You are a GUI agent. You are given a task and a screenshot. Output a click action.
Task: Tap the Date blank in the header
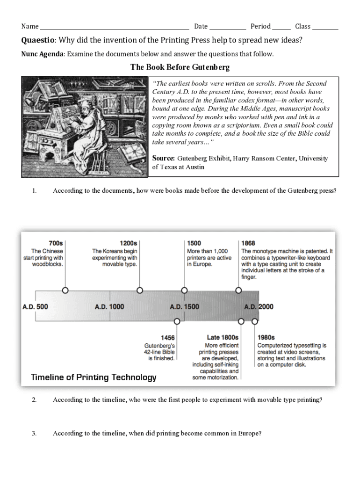pyautogui.click(x=227, y=27)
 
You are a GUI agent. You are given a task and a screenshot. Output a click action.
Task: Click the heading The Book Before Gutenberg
pyautogui.click(x=180, y=67)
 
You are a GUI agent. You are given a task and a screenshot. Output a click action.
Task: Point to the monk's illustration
pyautogui.click(x=85, y=127)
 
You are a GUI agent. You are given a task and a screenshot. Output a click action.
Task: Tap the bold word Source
pyautogui.click(x=164, y=159)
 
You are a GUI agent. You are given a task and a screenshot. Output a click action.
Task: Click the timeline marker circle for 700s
pyautogui.click(x=65, y=290)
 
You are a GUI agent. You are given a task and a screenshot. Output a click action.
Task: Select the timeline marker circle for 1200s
pyautogui.click(x=140, y=290)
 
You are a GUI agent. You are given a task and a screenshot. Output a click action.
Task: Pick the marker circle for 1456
pyautogui.click(x=177, y=321)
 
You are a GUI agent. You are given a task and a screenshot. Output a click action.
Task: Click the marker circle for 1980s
pyautogui.click(x=255, y=321)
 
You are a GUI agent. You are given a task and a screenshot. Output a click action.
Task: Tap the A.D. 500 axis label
pyautogui.click(x=35, y=307)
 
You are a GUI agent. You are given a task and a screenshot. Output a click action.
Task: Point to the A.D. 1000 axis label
pyautogui.click(x=109, y=307)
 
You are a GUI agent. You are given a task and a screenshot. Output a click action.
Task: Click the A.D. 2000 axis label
pyautogui.click(x=259, y=307)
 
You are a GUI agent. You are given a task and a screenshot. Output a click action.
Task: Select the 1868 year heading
pyautogui.click(x=248, y=243)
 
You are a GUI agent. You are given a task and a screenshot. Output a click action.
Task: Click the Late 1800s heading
pyautogui.click(x=223, y=337)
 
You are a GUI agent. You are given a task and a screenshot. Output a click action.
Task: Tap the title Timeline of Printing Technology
pyautogui.click(x=94, y=377)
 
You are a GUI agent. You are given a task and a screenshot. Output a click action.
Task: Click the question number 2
pyautogui.click(x=34, y=400)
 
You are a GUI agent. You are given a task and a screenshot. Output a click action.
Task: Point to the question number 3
pyautogui.click(x=34, y=433)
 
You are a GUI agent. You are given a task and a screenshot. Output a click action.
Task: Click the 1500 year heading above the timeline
pyautogui.click(x=194, y=243)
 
